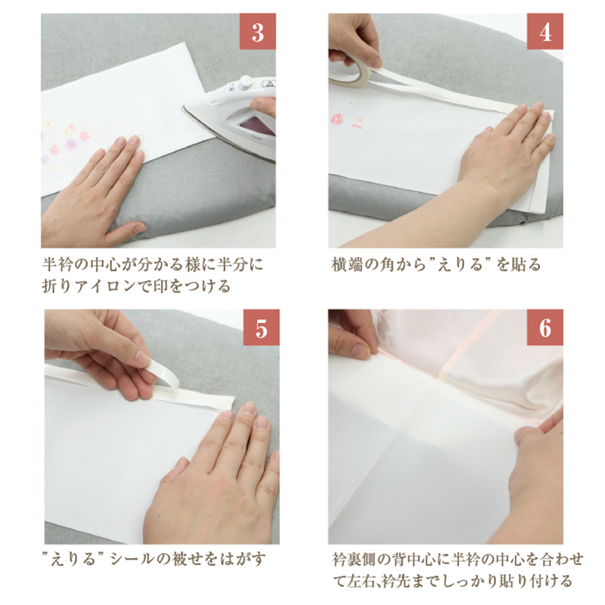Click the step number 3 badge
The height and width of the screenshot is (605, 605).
click(257, 32)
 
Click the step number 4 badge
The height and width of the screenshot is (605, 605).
click(544, 32)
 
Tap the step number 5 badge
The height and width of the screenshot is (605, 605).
click(261, 327)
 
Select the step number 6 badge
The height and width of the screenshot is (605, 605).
click(544, 327)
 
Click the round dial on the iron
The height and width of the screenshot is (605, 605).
click(245, 82)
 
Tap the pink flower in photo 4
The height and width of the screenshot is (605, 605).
click(337, 119)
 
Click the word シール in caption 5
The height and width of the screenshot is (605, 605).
click(129, 559)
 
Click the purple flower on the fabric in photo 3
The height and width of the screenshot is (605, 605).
click(71, 144)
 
